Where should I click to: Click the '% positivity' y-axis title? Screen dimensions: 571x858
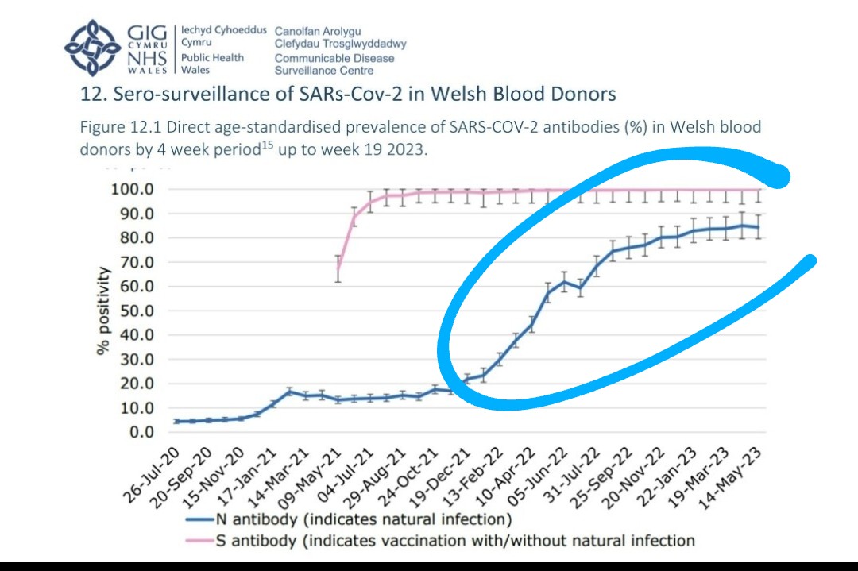pos(104,310)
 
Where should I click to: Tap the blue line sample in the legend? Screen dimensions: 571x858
pos(199,521)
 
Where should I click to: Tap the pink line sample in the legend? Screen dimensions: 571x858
pos(199,542)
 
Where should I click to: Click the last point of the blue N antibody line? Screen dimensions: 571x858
pos(758,228)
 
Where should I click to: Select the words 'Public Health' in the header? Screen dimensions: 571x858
pos(212,58)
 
